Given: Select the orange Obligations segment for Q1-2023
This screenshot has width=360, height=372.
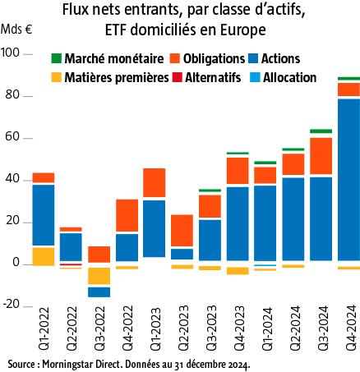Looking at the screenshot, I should (x=155, y=183).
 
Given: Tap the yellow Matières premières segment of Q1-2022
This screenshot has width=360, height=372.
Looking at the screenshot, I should (x=43, y=255).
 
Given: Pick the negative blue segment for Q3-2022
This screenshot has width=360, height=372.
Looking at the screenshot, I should (x=99, y=292).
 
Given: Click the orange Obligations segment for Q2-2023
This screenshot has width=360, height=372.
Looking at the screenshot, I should (x=182, y=231).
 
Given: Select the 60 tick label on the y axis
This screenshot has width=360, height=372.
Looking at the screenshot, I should (x=14, y=137).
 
